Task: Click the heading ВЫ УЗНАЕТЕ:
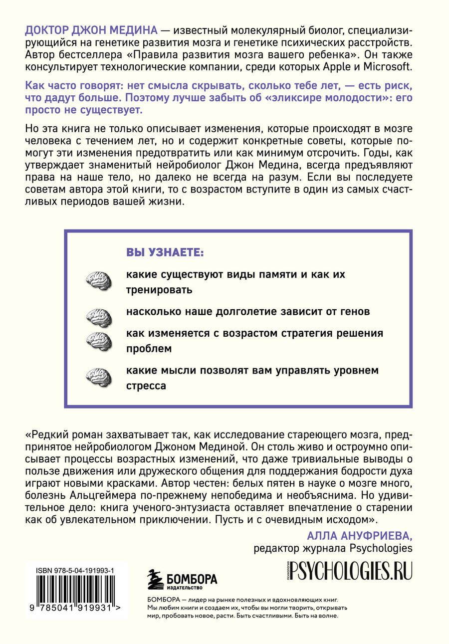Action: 165,252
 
